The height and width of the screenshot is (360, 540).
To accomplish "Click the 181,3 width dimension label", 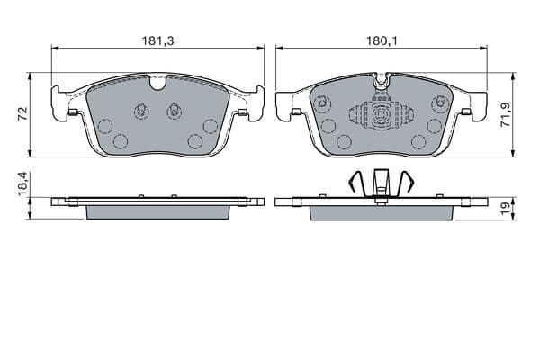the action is [158, 41].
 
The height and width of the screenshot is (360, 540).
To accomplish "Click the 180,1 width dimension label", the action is [382, 41].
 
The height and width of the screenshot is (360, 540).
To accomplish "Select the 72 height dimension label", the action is [22, 113].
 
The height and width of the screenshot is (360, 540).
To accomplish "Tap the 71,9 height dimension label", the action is [506, 115].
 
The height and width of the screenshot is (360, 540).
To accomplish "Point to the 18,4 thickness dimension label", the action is [22, 184].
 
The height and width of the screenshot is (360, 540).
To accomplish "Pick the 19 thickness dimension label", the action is [506, 209].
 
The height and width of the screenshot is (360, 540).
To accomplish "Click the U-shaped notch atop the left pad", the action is [158, 84].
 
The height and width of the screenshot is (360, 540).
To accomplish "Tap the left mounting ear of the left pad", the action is [59, 103].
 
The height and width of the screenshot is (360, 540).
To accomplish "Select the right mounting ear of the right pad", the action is [478, 106].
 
